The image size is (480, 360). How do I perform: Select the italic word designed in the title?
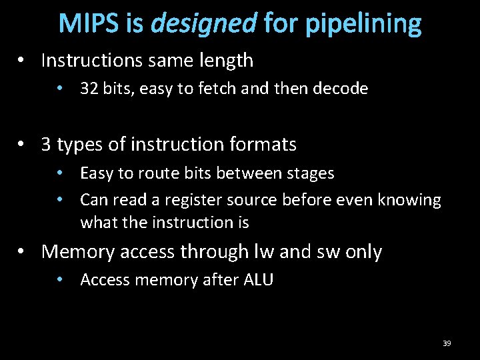pyautogui.click(x=203, y=23)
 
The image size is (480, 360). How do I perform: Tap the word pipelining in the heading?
pyautogui.click(x=363, y=23)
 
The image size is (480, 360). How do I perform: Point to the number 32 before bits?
pyautogui.click(x=89, y=89)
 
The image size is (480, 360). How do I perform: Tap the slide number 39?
pyautogui.click(x=447, y=343)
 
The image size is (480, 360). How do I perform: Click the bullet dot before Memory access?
pyautogui.click(x=22, y=253)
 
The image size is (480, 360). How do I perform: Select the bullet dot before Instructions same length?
pyautogui.click(x=22, y=61)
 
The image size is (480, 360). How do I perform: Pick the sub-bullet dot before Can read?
pyautogui.click(x=61, y=201)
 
